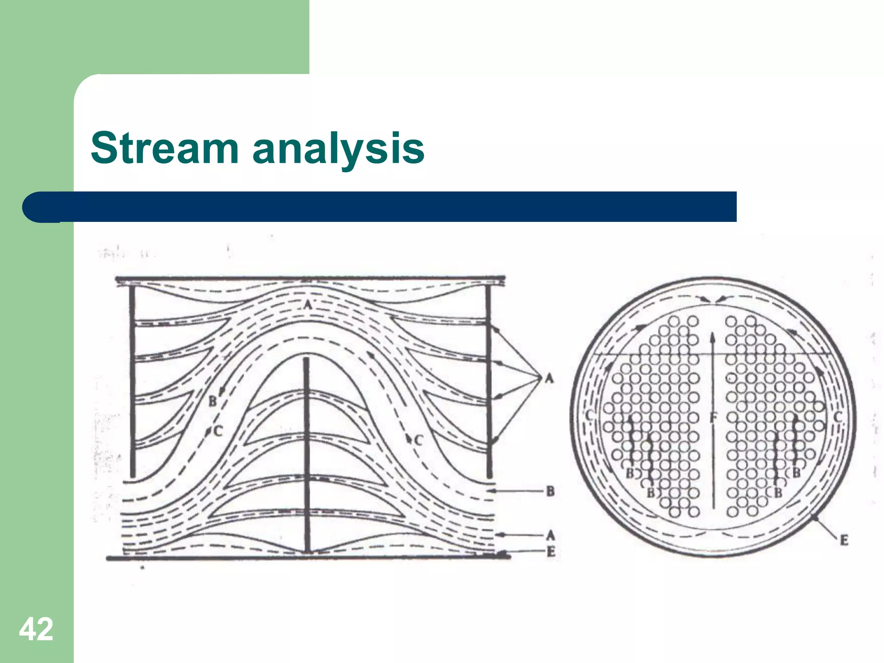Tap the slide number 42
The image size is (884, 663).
[36, 629]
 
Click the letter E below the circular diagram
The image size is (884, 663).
[844, 540]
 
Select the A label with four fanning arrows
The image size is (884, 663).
[549, 379]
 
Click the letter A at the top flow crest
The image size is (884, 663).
[307, 305]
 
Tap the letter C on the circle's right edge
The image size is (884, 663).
[837, 417]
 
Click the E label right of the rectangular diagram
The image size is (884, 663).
[551, 551]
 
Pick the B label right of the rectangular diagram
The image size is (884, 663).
[550, 491]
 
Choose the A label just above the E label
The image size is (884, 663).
[550, 536]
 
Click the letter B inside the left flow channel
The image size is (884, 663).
[213, 401]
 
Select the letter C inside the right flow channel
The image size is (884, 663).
[418, 440]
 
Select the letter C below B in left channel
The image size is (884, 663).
[218, 431]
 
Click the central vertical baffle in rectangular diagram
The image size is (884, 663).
[306, 453]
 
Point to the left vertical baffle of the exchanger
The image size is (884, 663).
[133, 380]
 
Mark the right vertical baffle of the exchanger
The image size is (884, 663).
[489, 380]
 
